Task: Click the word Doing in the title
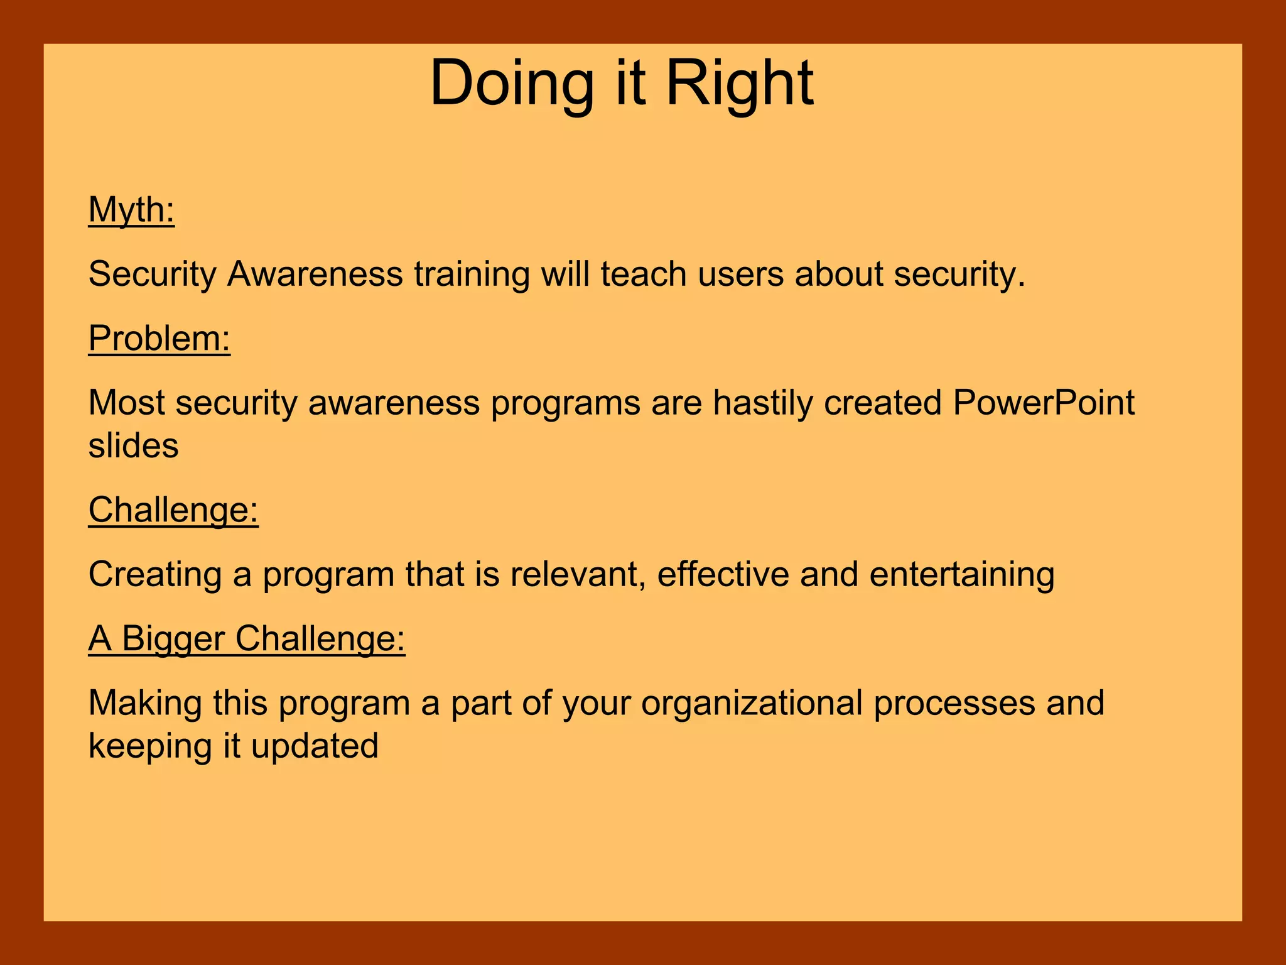511,84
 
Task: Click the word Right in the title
739,84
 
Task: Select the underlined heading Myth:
131,209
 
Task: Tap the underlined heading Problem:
159,338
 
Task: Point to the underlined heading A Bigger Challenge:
246,638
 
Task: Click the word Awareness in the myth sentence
315,274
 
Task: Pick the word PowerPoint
1043,402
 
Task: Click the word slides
133,445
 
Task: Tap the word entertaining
961,574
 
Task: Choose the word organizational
752,703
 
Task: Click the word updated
315,746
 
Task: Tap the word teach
643,274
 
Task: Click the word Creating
154,574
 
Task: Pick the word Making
144,703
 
